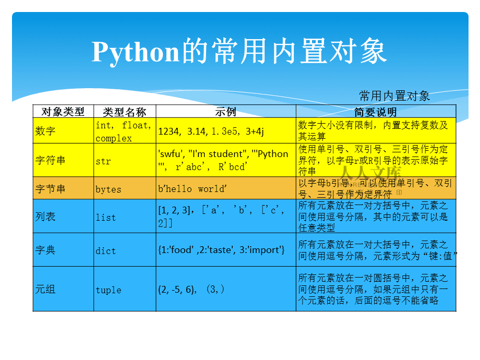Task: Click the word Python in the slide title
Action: (x=136, y=52)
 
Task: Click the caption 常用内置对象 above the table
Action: (x=394, y=96)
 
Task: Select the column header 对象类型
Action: (x=63, y=112)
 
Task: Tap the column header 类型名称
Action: (x=125, y=112)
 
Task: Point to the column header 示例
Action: (x=226, y=112)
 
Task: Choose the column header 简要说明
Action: (x=376, y=112)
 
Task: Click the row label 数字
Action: (x=45, y=131)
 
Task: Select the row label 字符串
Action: (x=51, y=161)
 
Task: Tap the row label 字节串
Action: (x=51, y=189)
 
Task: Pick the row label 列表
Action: (x=45, y=217)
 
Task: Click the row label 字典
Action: (x=45, y=250)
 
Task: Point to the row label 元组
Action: (x=45, y=290)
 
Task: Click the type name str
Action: (x=103, y=161)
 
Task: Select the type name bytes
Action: (x=108, y=189)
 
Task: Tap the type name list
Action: (x=105, y=218)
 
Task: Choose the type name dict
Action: (x=105, y=251)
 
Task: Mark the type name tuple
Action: (x=109, y=290)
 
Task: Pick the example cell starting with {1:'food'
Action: (x=221, y=250)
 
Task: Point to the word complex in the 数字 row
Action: (x=114, y=138)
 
